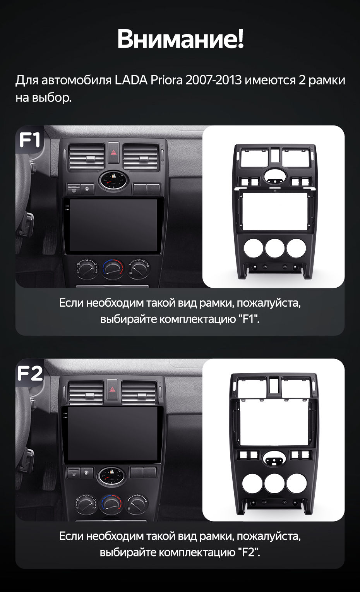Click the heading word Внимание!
[180, 39]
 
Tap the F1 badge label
[30, 140]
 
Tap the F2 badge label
[30, 373]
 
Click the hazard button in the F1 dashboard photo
[113, 153]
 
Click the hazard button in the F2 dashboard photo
[112, 389]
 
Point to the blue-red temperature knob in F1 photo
[113, 269]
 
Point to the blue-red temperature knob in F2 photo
[111, 504]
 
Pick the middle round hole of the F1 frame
[275, 248]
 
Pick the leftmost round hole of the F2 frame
[252, 483]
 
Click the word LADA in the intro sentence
[131, 80]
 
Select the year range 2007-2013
[214, 80]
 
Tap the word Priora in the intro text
[166, 80]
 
